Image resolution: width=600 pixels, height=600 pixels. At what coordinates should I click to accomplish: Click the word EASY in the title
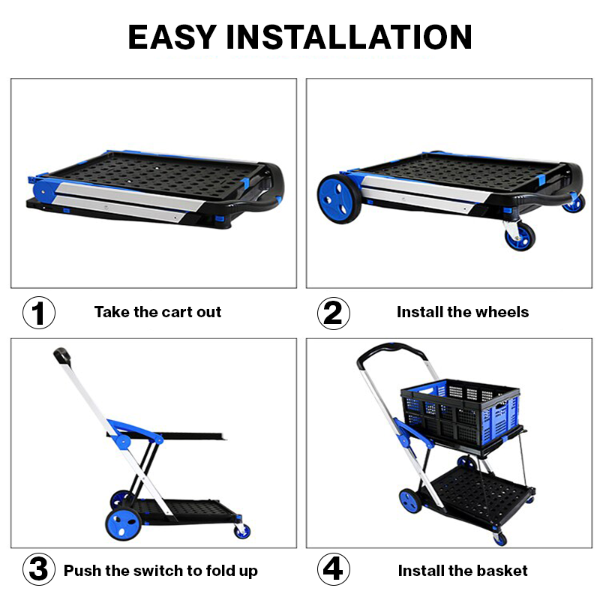172,37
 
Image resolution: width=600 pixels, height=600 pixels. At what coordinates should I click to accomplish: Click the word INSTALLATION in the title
349,37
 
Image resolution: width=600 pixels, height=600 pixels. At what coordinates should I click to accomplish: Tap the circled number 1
39,313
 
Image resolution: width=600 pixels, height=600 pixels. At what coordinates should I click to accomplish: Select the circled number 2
333,313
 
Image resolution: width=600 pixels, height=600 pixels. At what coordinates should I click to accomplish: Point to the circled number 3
39,569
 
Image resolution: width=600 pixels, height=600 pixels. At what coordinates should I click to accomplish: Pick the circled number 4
333,569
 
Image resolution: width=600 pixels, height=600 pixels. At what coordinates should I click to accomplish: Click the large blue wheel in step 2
339,199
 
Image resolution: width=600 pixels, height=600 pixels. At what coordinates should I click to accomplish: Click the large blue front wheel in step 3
124,523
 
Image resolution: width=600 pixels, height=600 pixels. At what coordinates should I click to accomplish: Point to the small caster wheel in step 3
242,531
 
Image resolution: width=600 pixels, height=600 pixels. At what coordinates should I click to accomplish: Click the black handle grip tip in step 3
62,355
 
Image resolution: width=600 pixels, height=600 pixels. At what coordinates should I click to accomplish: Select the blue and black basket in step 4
460,412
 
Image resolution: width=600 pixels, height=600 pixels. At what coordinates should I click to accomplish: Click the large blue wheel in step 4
409,500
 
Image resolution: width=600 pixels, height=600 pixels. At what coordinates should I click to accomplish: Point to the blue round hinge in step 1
43,192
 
